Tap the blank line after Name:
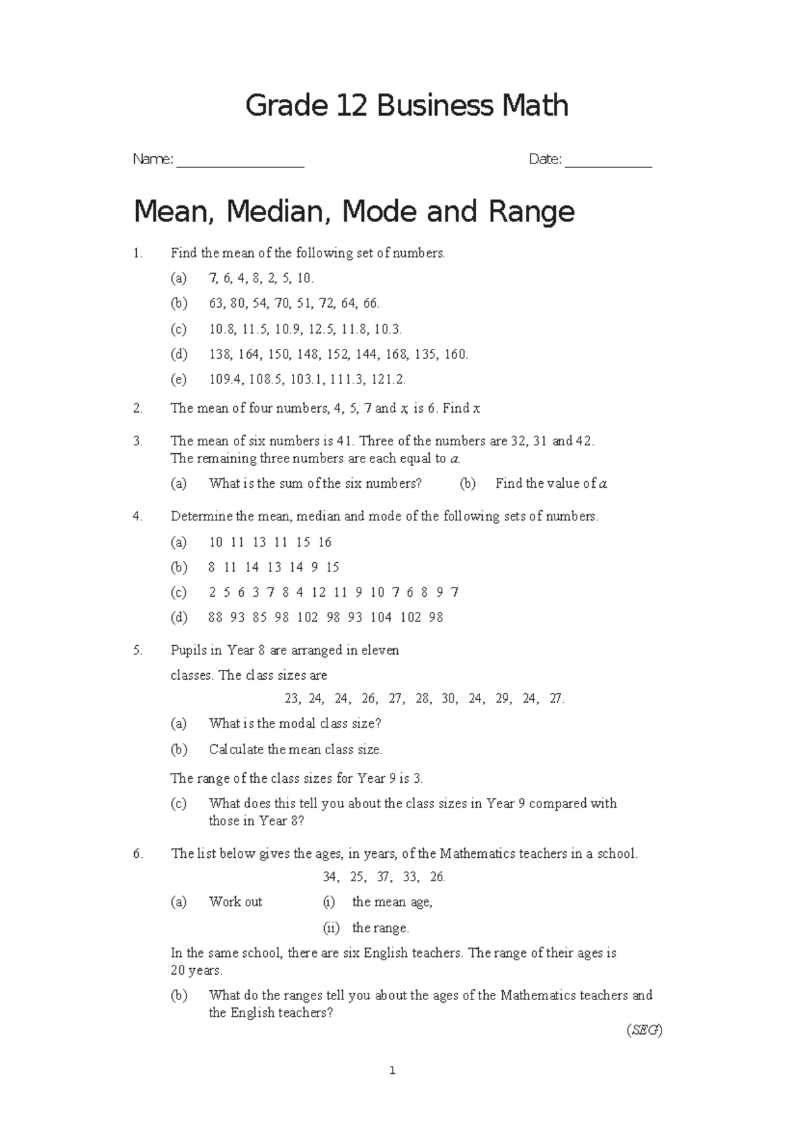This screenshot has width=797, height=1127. click(240, 163)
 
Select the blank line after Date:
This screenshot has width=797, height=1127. click(608, 163)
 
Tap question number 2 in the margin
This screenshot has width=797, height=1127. click(137, 409)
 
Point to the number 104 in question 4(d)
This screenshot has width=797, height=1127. click(381, 617)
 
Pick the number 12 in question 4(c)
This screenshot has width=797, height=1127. click(318, 592)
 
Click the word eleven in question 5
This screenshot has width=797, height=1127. click(380, 651)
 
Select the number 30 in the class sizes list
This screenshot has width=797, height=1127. click(450, 698)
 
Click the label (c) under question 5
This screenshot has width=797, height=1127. click(179, 803)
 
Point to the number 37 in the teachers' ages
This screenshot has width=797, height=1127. click(384, 877)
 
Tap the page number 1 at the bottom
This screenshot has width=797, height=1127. click(393, 1071)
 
